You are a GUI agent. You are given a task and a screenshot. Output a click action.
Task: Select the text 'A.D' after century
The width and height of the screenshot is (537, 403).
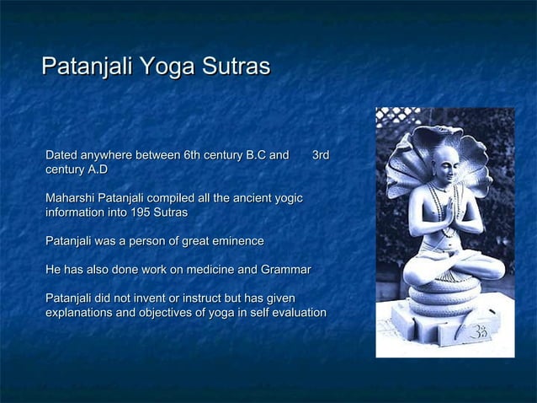pos(97,170)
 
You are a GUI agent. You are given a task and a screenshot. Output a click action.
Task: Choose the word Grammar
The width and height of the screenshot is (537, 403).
pos(284,270)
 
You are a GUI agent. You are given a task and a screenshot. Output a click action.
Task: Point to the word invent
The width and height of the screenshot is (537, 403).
pos(165,298)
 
